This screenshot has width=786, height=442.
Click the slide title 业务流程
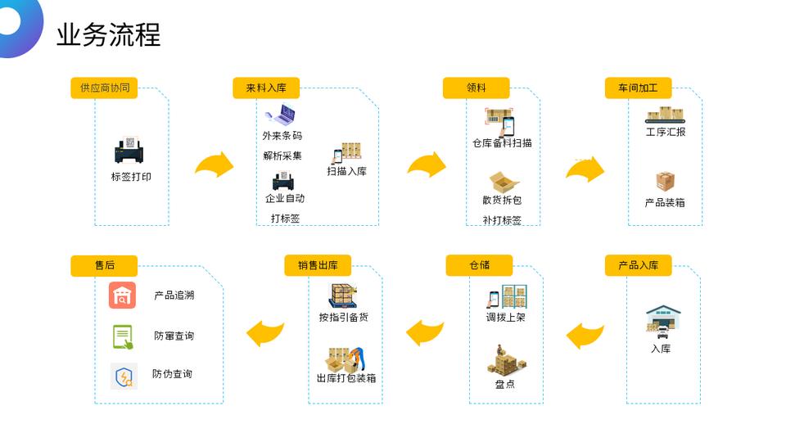[x=108, y=34]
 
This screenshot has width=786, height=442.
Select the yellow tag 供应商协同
[x=104, y=88]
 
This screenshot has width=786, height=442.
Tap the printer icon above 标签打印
[x=130, y=151]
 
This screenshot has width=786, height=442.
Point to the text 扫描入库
[x=346, y=171]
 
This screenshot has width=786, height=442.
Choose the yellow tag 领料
[x=476, y=88]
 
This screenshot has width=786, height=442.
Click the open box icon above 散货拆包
[x=504, y=182]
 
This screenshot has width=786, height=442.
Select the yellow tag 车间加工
[x=638, y=88]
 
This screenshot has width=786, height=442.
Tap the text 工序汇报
[x=665, y=132]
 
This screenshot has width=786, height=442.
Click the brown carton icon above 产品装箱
[x=665, y=181]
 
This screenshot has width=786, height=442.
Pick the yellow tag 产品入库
[x=638, y=265]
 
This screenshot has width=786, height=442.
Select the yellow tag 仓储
[x=479, y=265]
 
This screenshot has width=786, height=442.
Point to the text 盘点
[x=505, y=383]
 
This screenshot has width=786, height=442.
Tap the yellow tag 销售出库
[x=318, y=265]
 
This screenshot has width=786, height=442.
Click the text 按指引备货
[x=343, y=317]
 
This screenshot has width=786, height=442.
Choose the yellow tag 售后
[x=104, y=265]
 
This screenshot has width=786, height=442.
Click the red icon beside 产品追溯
[x=122, y=295]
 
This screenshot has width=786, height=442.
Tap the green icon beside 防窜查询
[x=122, y=336]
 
